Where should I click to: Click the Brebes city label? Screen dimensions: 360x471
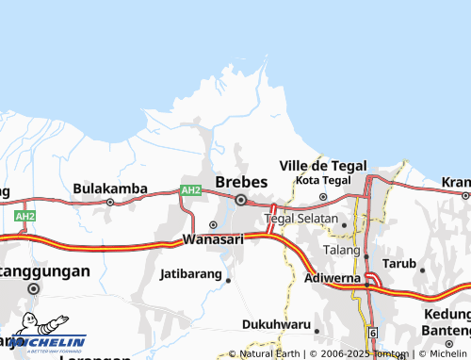click(241, 182)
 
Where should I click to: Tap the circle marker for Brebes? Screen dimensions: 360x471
click(241, 200)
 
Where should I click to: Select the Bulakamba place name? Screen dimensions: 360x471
click(110, 188)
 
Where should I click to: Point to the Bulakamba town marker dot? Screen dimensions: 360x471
click(110, 202)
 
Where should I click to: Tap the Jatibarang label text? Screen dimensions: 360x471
click(191, 274)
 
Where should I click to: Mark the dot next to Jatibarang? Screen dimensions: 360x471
click(228, 279)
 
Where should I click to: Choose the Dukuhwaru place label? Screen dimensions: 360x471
click(276, 324)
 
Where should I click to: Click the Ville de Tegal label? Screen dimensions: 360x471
click(323, 165)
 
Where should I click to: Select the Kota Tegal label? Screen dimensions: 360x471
click(323, 180)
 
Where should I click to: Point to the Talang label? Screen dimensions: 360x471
click(341, 250)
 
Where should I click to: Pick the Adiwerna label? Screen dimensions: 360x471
click(335, 279)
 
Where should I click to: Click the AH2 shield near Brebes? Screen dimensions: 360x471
click(191, 190)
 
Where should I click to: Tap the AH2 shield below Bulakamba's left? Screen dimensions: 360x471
click(25, 216)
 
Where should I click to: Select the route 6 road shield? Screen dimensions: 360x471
click(373, 334)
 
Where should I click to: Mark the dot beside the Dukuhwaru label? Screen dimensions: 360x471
click(317, 331)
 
